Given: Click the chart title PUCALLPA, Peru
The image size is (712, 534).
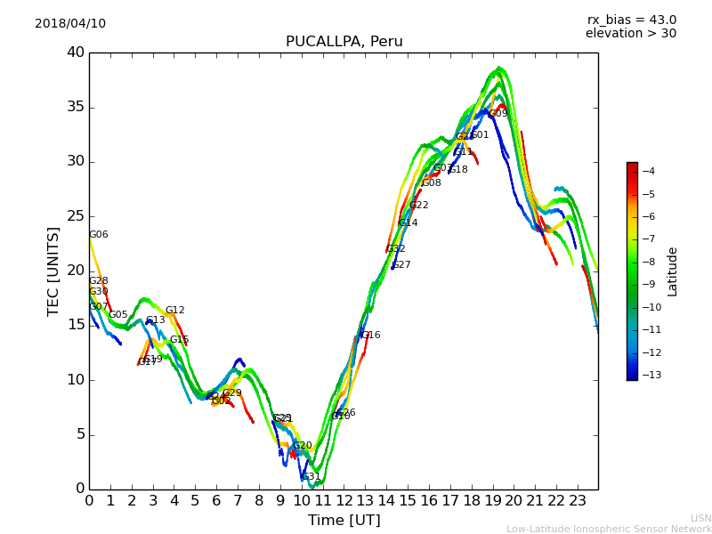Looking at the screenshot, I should coord(344,42).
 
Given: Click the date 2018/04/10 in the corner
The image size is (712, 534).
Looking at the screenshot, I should coord(70,24).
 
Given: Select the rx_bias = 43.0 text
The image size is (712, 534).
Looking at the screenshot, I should coord(631,20).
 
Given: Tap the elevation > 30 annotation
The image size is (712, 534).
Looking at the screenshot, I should coord(630,34).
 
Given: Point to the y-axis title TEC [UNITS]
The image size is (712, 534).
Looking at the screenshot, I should coord(53,271).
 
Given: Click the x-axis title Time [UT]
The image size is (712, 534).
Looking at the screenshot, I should coord(344,521).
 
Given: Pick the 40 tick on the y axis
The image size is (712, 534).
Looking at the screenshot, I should coord(75,53).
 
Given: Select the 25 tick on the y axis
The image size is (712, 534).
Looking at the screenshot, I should coord(75,216).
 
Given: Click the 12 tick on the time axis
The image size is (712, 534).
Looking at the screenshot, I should coord(344,501).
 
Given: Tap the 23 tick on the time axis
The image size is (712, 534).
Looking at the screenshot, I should coord(577,501).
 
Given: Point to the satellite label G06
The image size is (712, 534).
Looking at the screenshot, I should coord(98,235).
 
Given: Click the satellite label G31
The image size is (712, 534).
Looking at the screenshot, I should coord(311,477).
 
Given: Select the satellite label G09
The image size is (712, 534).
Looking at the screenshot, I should coord(498,114).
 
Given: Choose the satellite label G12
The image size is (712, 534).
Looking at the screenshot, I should coord(174,311).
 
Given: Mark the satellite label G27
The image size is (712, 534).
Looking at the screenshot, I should coord(400,265).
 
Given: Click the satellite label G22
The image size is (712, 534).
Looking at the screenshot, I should coord(418,206).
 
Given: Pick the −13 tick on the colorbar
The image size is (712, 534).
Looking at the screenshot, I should coord(650,375).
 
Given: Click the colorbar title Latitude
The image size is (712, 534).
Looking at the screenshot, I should coord(673,271).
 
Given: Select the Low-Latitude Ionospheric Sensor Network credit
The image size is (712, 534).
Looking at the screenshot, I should coord(609,530).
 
